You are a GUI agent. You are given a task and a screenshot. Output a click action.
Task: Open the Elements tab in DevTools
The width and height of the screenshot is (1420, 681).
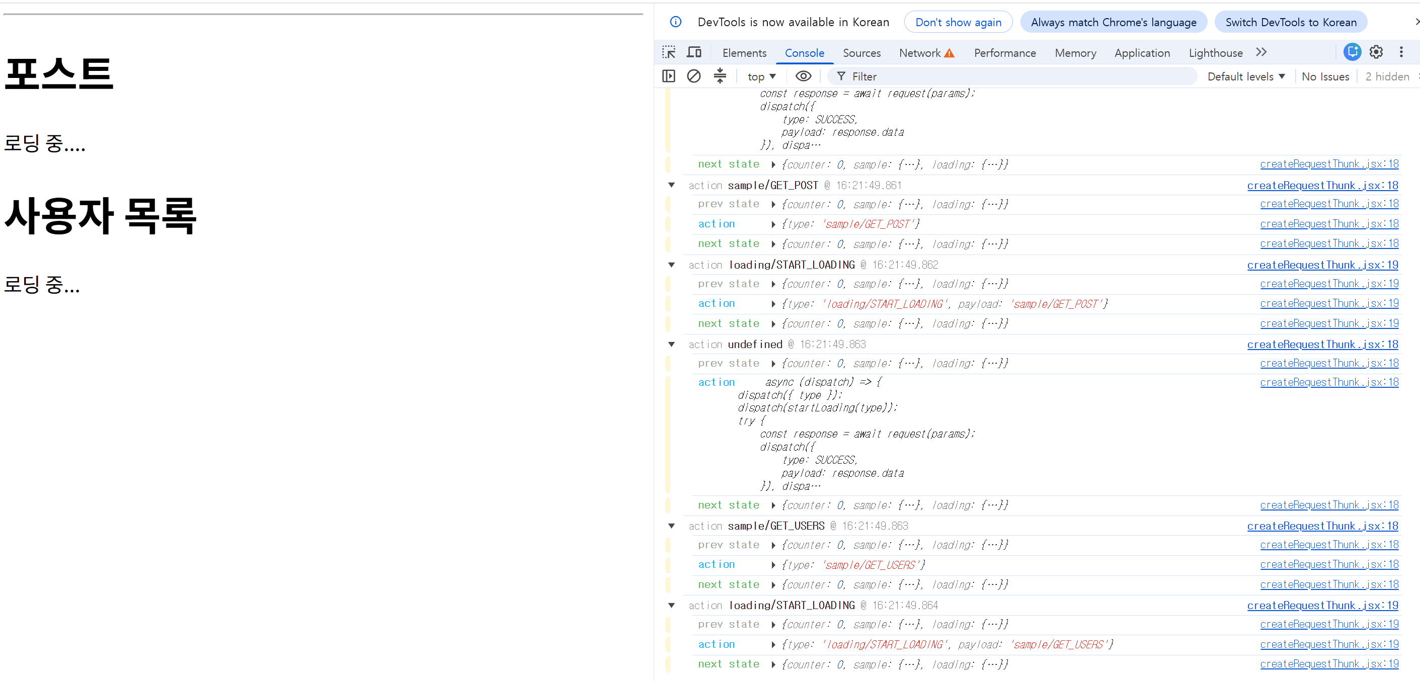tap(744, 53)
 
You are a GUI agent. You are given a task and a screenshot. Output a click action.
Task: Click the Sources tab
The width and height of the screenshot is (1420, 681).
tap(861, 53)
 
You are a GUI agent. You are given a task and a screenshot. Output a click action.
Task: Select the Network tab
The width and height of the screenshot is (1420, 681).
tap(926, 53)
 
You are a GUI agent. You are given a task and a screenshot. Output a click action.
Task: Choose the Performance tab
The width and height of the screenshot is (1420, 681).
tap(1005, 53)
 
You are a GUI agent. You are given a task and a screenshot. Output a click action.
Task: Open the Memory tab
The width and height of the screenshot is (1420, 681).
tap(1075, 53)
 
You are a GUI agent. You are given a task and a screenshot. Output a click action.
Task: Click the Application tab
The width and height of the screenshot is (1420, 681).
tap(1142, 53)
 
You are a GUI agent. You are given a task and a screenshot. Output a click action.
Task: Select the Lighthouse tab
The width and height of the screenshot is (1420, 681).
tap(1216, 53)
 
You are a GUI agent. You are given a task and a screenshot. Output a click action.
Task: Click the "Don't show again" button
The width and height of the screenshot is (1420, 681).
tap(958, 22)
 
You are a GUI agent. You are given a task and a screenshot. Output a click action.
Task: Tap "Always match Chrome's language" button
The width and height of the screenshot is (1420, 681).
tap(1114, 22)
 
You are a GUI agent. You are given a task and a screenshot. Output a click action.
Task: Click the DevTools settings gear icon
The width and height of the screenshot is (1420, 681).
tap(1376, 52)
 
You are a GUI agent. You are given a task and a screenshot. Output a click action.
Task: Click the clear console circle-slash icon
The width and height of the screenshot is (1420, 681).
tap(693, 76)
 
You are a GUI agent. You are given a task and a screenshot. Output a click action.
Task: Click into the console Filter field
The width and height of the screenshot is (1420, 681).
tap(1014, 76)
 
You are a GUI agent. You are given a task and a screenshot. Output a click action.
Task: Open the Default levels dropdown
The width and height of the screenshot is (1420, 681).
tap(1246, 76)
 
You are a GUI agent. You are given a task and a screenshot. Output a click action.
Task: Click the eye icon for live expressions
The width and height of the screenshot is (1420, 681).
tap(803, 76)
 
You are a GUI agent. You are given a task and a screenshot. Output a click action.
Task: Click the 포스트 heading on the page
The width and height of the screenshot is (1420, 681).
tap(59, 73)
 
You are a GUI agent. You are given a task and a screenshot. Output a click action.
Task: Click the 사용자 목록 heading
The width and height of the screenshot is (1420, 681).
tap(100, 215)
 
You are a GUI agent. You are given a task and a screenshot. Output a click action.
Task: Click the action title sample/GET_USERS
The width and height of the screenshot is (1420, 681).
tap(776, 526)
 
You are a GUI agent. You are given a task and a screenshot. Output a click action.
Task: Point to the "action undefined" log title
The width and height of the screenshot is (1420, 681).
tap(735, 345)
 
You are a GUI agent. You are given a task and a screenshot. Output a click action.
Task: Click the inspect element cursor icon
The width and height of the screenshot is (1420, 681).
tap(669, 52)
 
